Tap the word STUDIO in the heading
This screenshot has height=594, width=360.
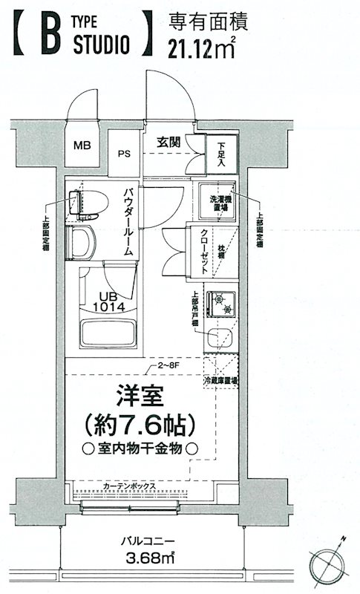click(102, 46)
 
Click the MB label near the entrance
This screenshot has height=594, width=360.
click(82, 144)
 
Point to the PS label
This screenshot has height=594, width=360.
click(124, 154)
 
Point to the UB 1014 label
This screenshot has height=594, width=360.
click(108, 299)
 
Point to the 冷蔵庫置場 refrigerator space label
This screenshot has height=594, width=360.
click(221, 381)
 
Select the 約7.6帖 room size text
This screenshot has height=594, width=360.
click(140, 424)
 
